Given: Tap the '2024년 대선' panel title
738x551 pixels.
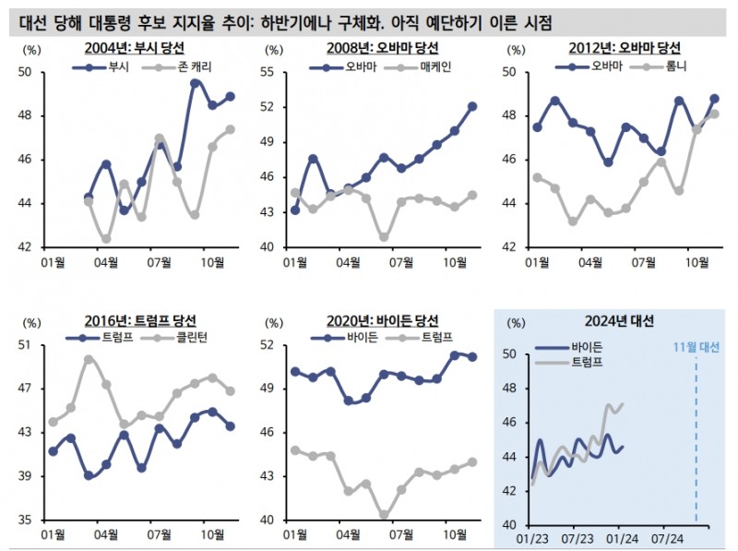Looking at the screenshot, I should tap(621, 322).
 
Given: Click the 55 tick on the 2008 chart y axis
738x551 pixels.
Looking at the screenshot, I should tap(267, 72).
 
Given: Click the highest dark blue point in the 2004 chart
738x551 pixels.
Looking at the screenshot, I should tap(196, 83).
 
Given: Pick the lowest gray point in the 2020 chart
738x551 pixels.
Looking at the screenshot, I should tap(384, 515).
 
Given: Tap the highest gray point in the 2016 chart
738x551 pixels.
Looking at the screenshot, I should tap(89, 359).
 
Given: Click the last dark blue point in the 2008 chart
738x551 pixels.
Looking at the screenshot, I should tap(472, 106).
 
